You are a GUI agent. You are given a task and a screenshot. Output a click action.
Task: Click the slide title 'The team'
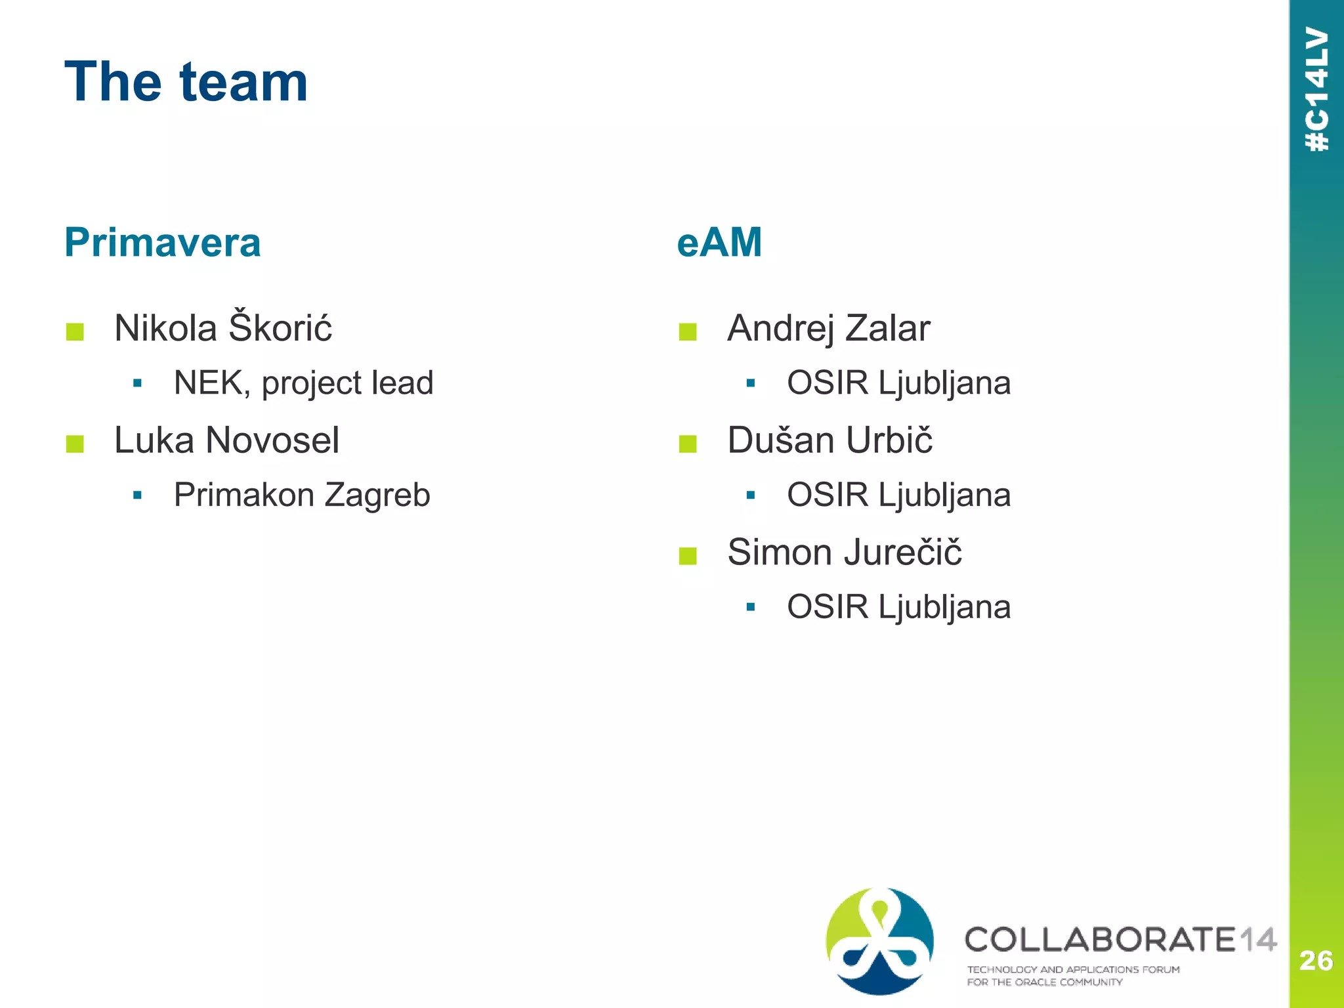186,82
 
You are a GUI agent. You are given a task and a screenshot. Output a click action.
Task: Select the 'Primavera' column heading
162,242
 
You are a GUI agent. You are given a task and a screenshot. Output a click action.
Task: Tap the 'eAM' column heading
719,242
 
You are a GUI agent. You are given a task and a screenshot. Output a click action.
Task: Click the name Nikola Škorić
223,327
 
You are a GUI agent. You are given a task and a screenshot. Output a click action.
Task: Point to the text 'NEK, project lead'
303,383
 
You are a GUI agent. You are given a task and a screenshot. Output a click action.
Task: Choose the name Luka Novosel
226,440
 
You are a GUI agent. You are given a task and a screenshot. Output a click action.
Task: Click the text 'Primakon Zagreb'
302,495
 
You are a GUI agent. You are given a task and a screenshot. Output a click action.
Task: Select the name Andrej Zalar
828,327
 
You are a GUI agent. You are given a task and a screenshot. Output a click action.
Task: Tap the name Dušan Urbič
829,440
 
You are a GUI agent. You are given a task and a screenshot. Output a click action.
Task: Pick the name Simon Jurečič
845,552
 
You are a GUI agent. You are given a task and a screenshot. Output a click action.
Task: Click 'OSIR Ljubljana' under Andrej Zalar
898,383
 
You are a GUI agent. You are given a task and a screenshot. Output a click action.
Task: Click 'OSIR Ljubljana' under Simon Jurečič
898,607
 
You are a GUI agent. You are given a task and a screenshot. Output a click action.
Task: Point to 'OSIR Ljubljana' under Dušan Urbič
898,495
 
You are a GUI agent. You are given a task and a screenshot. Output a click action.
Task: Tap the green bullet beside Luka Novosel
75,444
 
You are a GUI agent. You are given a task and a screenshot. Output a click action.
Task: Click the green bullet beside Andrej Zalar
688,332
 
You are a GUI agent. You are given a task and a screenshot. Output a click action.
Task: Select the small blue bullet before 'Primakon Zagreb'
137,495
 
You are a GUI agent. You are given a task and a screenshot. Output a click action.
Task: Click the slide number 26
1316,961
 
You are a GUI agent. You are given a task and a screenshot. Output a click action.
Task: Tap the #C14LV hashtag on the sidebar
1317,89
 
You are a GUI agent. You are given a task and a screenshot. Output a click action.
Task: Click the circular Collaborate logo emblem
879,941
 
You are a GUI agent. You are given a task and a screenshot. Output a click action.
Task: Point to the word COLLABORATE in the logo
1100,940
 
